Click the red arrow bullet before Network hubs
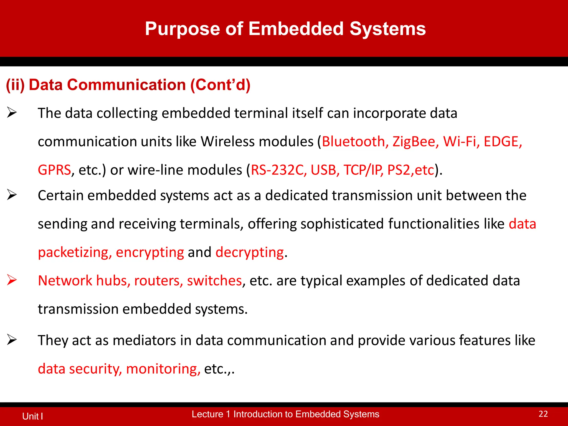coord(12,280)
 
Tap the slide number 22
coord(543,414)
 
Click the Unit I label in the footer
coord(32,416)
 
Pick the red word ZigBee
coord(415,141)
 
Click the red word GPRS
coord(54,170)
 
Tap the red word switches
coord(214,281)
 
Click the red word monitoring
coord(163,369)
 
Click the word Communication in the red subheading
coord(126,85)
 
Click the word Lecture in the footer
coord(207,414)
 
